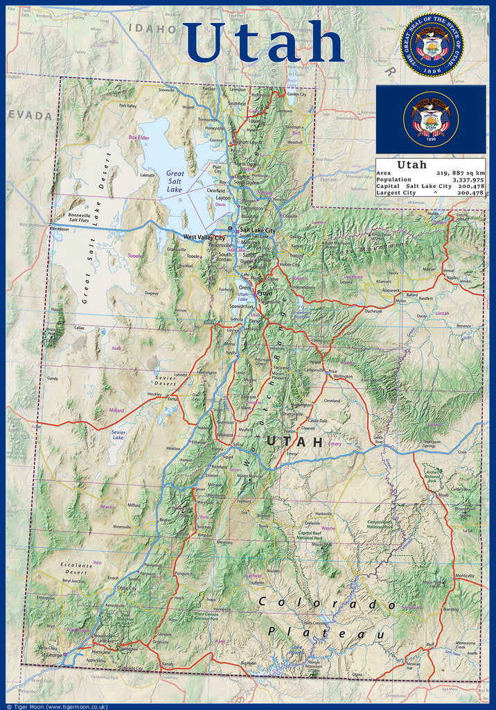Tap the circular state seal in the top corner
click(x=432, y=45)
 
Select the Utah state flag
click(x=431, y=119)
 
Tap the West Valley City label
click(x=204, y=237)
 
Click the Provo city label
click(x=265, y=293)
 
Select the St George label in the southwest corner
click(x=51, y=654)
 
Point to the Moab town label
click(x=443, y=494)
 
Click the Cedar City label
click(x=126, y=588)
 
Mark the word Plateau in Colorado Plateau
click(x=326, y=633)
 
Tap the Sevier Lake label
click(x=118, y=435)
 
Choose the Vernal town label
click(x=450, y=270)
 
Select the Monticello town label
click(x=464, y=575)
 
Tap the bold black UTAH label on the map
click(x=294, y=441)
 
